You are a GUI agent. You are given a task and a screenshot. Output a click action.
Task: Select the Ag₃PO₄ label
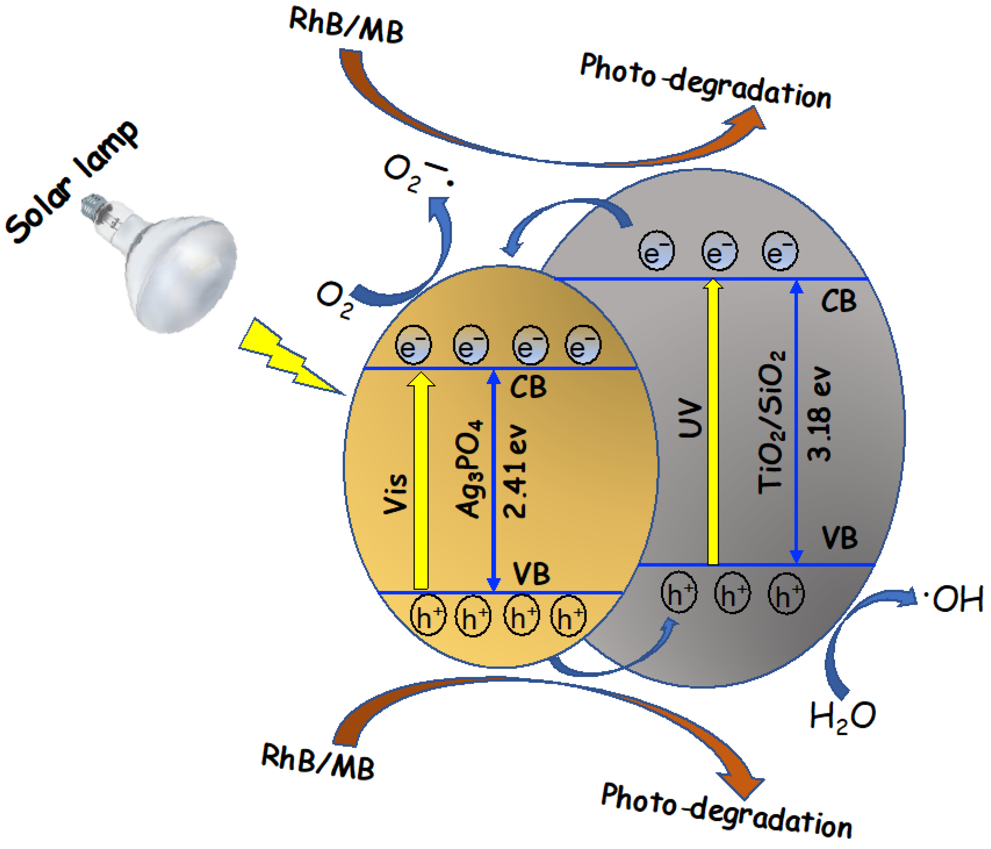point(469,469)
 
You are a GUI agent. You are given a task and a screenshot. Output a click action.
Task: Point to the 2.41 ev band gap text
point(515,471)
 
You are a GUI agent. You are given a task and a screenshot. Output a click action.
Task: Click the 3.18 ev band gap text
point(819,414)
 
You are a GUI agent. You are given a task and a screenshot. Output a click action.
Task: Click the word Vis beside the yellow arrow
point(396,494)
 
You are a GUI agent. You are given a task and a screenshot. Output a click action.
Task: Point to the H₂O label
point(842,716)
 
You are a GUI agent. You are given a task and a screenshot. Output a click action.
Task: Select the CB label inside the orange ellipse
point(528,386)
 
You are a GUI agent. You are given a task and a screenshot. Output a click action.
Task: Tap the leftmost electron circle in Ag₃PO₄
point(413,344)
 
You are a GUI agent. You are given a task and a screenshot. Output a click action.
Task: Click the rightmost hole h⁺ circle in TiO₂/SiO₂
point(786,594)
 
